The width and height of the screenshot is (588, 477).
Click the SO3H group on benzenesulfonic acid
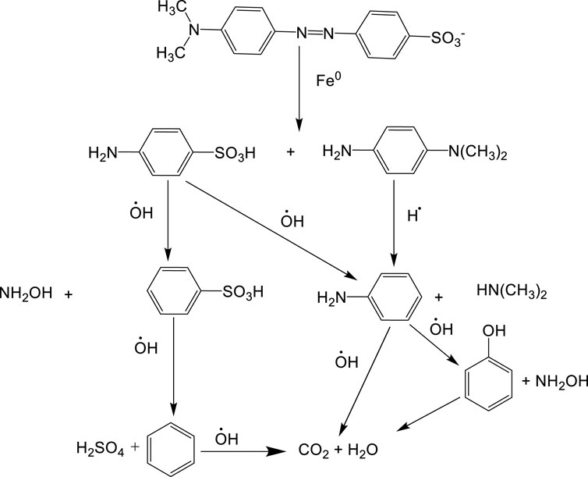(239, 292)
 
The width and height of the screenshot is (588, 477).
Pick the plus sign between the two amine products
(290, 152)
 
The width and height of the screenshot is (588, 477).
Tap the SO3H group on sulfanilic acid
(238, 152)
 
